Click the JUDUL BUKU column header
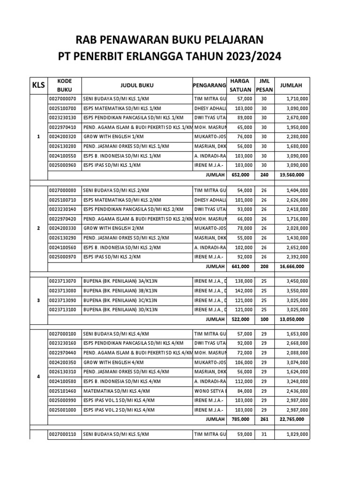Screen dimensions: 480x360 [x=136, y=85]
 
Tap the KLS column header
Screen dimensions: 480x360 [x=38, y=86]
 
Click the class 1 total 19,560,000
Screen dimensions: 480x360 [x=294, y=174]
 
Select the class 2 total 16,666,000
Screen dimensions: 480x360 [x=294, y=266]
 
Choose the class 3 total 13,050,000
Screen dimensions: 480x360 [x=294, y=319]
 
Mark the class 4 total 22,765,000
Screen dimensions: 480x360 [x=294, y=419]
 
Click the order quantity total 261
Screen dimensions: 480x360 [x=263, y=419]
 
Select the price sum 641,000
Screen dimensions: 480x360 [x=242, y=266]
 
